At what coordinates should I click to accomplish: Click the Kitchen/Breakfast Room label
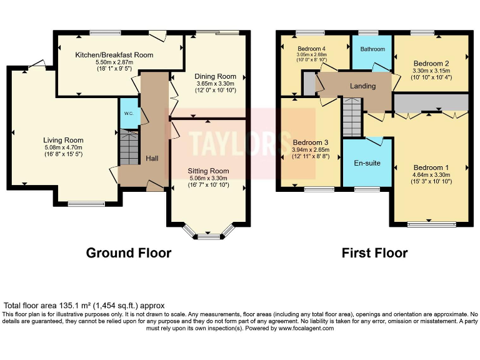114,55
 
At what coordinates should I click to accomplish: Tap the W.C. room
128,113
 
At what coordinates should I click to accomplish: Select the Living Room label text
63,140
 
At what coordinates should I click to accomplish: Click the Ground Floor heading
128,253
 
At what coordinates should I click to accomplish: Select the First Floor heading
374,253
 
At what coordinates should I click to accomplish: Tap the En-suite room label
367,163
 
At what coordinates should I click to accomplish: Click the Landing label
362,86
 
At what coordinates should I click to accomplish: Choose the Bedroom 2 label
431,63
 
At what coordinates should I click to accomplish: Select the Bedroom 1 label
431,167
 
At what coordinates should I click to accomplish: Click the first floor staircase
352,117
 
